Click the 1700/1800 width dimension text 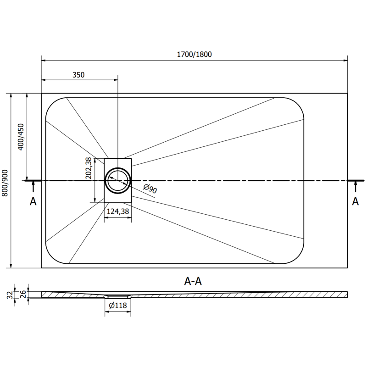[195, 55]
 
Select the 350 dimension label [78, 74]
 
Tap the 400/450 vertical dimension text [20, 136]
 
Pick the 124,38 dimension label [117, 211]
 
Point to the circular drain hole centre [117, 180]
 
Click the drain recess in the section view [118, 296]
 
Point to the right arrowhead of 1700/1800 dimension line [345, 60]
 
